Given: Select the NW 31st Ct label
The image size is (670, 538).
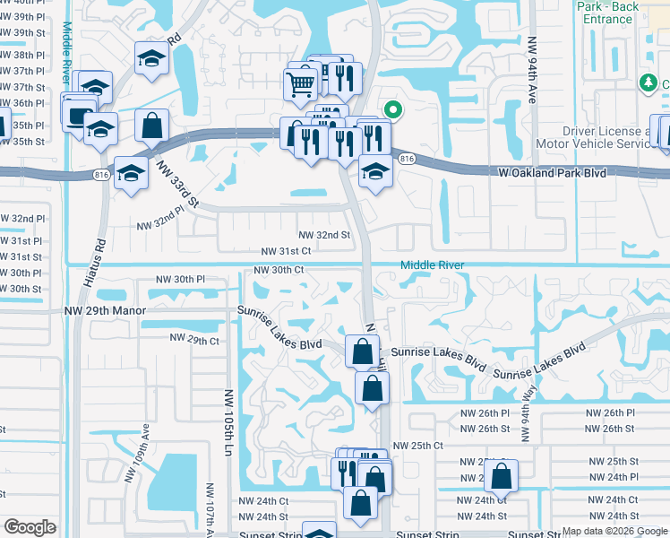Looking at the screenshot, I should click(286, 252).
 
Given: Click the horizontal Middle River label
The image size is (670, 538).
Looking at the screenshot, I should click(432, 265).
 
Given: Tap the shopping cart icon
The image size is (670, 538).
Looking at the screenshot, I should click(302, 84).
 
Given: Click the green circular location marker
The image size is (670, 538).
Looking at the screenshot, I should click(391, 111).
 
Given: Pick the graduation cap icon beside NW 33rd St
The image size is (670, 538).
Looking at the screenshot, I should click(132, 172).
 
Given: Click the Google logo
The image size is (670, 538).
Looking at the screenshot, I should click(30, 527).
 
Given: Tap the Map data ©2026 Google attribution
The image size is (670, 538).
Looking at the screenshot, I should click(614, 531).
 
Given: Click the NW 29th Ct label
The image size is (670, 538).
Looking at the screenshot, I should click(195, 341).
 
